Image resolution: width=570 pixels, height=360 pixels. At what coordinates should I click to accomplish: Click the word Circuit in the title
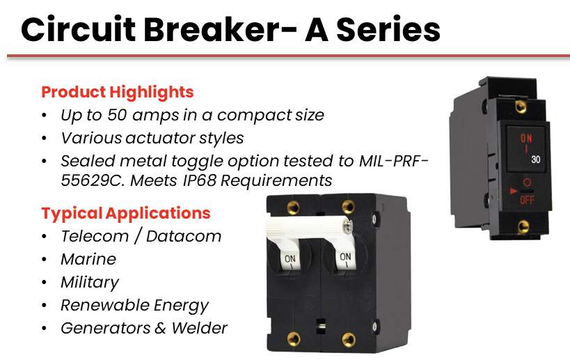[79, 29]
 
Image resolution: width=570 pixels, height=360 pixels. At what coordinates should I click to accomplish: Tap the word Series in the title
[388, 29]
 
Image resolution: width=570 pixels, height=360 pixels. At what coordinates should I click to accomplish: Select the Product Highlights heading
[118, 93]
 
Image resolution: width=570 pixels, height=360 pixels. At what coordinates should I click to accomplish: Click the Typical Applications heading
[126, 214]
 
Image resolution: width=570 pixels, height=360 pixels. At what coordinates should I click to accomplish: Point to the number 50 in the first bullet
[117, 116]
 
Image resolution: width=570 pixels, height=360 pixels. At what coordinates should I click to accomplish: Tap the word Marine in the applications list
[88, 259]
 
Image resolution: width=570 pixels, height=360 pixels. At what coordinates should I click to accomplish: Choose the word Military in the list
[90, 283]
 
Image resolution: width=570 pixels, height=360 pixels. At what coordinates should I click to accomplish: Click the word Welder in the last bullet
[199, 329]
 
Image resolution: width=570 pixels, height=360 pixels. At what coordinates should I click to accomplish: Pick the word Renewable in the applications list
[104, 306]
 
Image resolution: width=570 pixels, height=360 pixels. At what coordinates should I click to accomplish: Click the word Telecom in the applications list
[95, 236]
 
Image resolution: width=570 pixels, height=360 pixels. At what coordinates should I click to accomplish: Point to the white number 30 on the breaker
[535, 159]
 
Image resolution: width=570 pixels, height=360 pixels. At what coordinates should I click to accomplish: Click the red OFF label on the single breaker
[527, 200]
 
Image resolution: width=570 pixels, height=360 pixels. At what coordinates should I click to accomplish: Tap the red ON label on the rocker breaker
[526, 138]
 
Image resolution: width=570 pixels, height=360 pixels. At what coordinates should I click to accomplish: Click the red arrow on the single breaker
[514, 191]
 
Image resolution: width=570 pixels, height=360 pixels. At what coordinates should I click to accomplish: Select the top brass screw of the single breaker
[521, 107]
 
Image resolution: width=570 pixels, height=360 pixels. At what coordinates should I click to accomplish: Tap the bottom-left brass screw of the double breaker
[294, 339]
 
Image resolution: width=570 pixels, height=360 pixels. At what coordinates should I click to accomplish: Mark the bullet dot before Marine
[45, 260]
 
